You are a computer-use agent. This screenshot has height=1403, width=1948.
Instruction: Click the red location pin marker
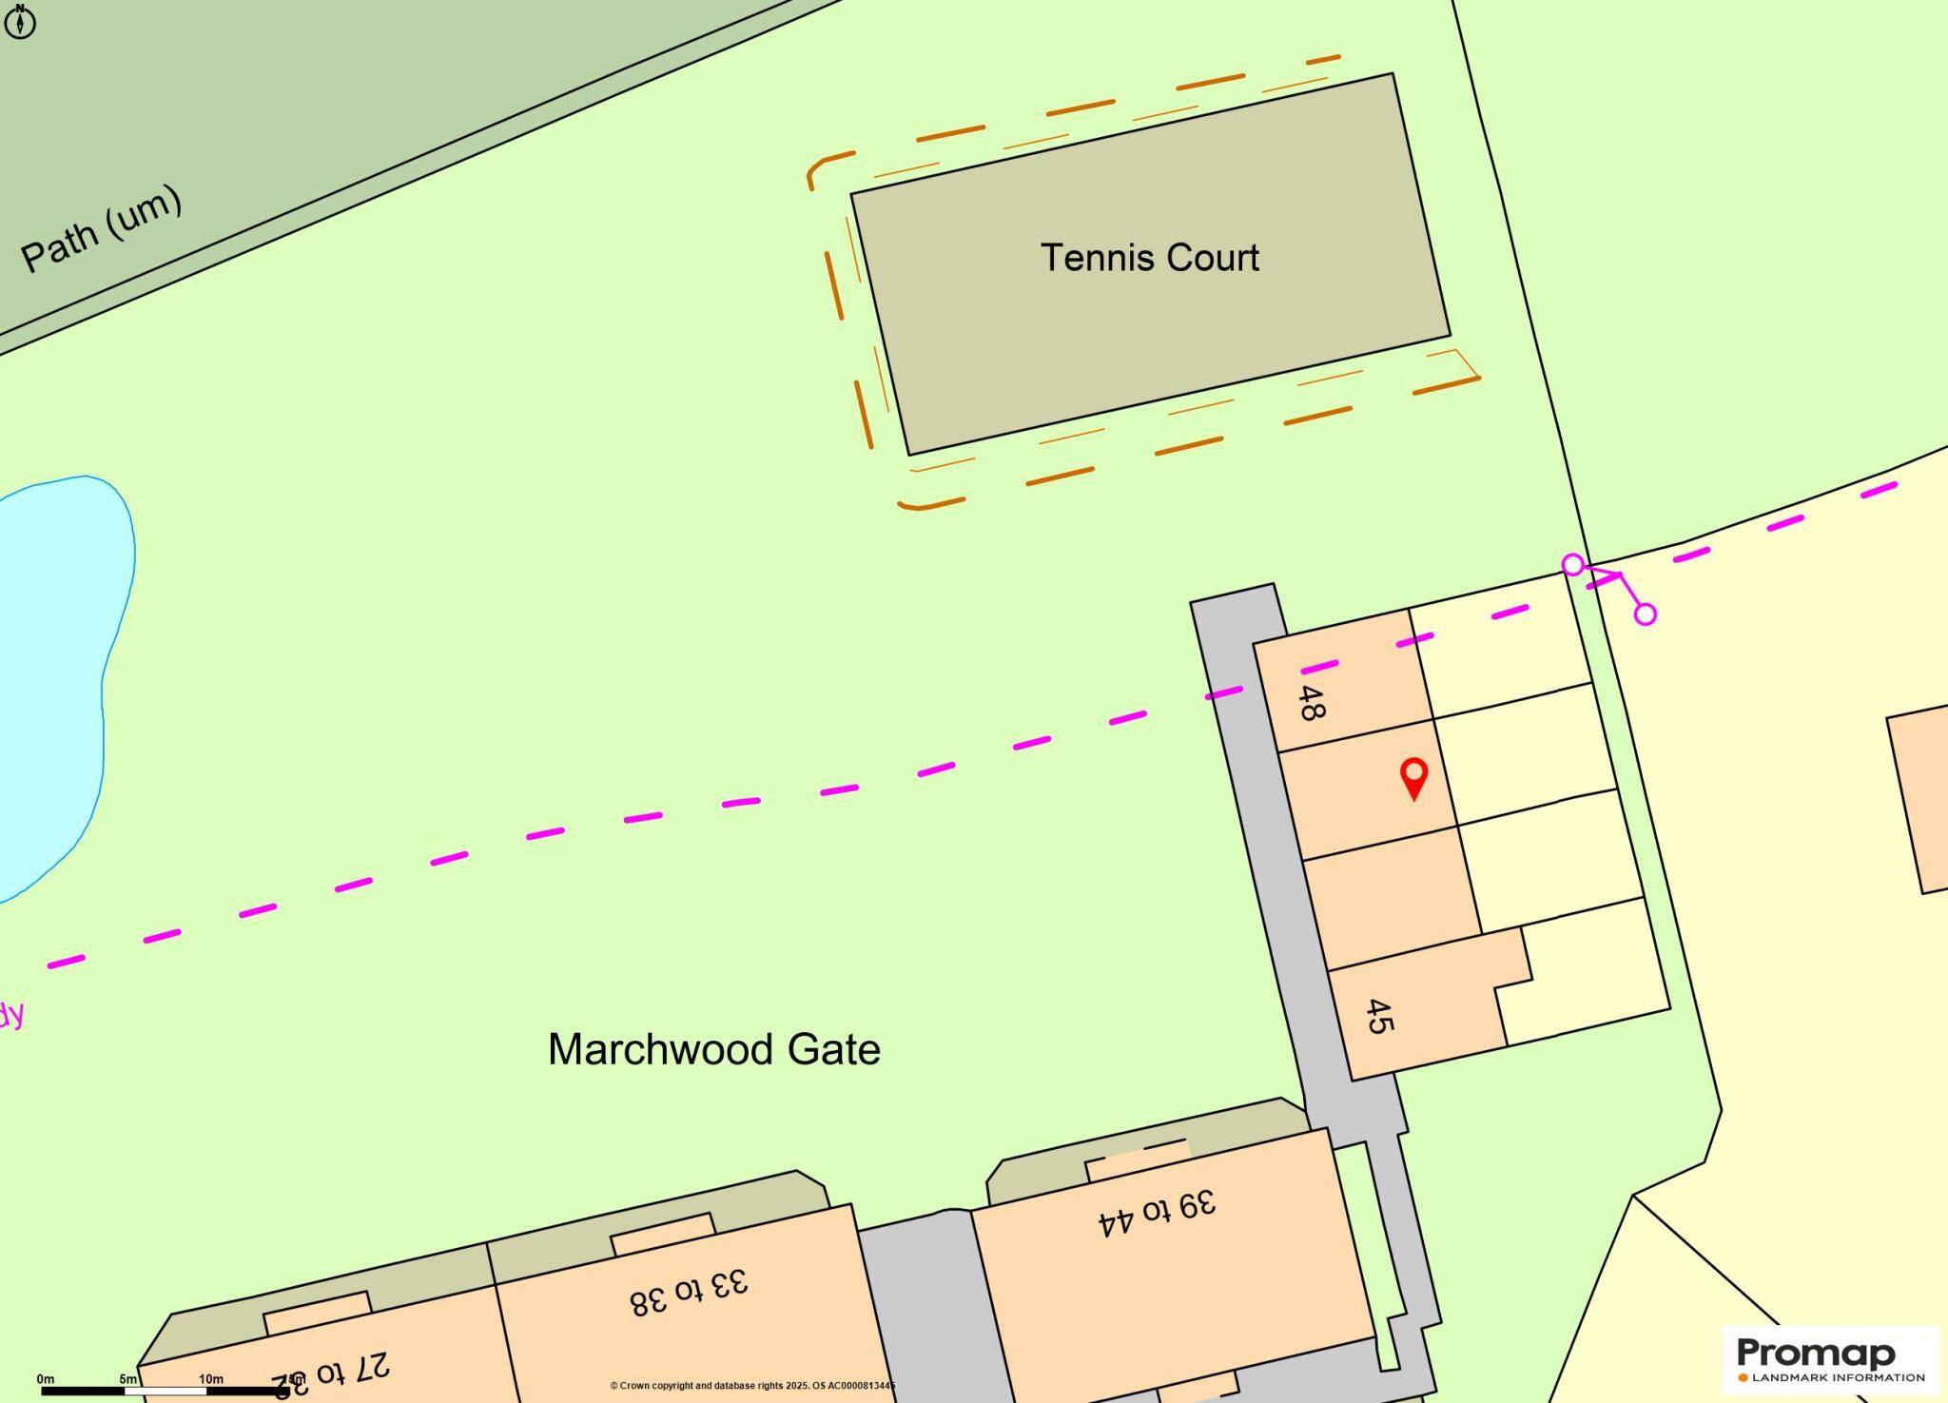(1414, 776)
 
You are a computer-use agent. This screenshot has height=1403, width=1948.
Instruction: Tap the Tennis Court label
(1149, 258)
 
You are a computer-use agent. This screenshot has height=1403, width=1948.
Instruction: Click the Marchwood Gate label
(713, 1049)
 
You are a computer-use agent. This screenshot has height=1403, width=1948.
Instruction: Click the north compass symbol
(20, 21)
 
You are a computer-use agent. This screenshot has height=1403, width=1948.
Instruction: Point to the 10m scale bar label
(211, 1378)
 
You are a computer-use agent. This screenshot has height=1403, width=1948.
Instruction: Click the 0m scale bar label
(46, 1378)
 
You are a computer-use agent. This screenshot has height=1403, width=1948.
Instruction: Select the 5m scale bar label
(128, 1378)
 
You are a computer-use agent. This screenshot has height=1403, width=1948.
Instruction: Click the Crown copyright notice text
(752, 1386)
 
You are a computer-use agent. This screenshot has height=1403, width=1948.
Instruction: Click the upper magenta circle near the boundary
(1573, 565)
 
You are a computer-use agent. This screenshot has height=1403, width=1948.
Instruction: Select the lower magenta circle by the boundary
(1646, 614)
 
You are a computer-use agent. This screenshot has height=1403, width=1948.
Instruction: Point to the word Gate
(834, 1049)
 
